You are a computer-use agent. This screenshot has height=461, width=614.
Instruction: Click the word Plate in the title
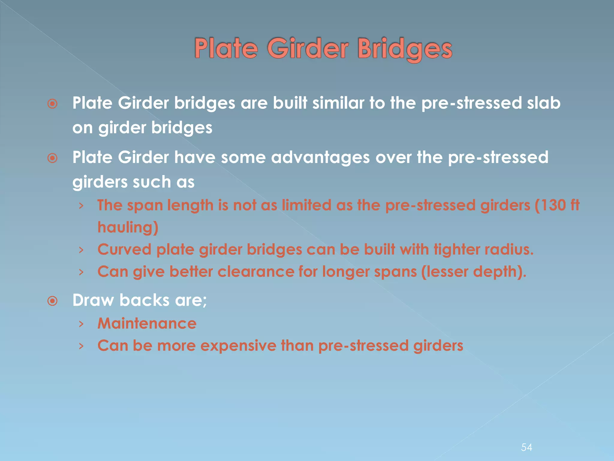click(226, 49)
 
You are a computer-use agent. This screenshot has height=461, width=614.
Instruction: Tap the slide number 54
click(526, 447)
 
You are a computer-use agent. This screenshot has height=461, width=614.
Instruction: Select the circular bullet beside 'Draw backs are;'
click(52, 301)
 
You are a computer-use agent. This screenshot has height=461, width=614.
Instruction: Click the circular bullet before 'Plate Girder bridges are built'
click(52, 104)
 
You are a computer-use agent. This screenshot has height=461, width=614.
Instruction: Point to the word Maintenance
click(147, 324)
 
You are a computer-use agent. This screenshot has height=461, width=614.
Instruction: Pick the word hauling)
click(128, 227)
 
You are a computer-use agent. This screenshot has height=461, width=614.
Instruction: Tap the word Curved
click(124, 250)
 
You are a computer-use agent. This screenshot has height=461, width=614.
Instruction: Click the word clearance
click(256, 272)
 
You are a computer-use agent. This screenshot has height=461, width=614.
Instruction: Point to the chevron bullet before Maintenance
click(81, 324)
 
